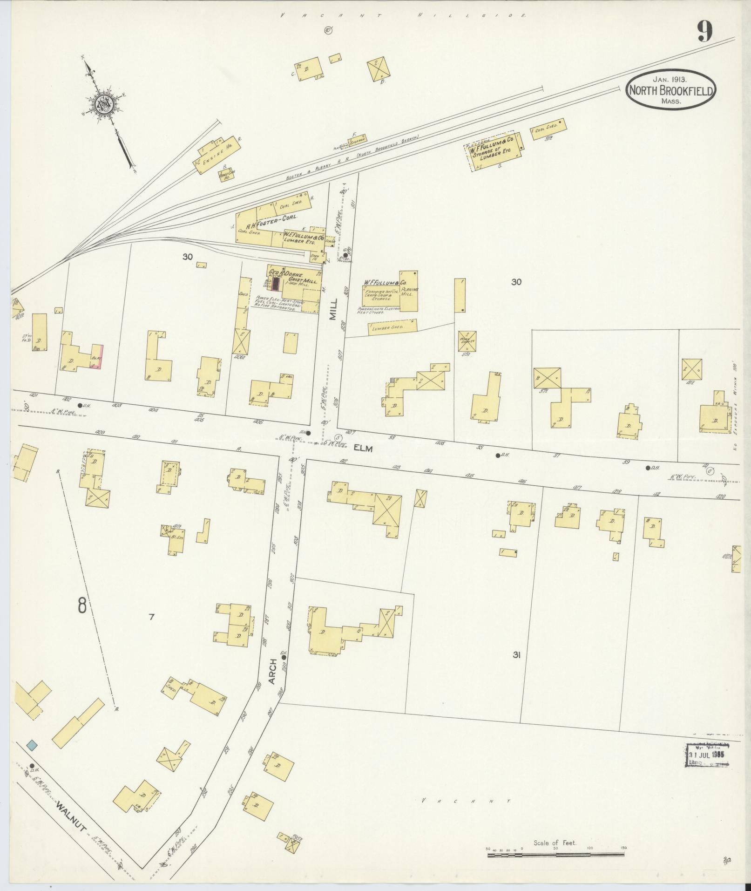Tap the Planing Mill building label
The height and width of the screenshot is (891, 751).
(x=409, y=291)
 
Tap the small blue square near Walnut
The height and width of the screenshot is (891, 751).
(x=32, y=746)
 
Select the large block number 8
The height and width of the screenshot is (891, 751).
(x=82, y=606)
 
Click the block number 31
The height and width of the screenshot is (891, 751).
(x=516, y=655)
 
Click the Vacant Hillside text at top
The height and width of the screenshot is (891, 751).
(x=403, y=15)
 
